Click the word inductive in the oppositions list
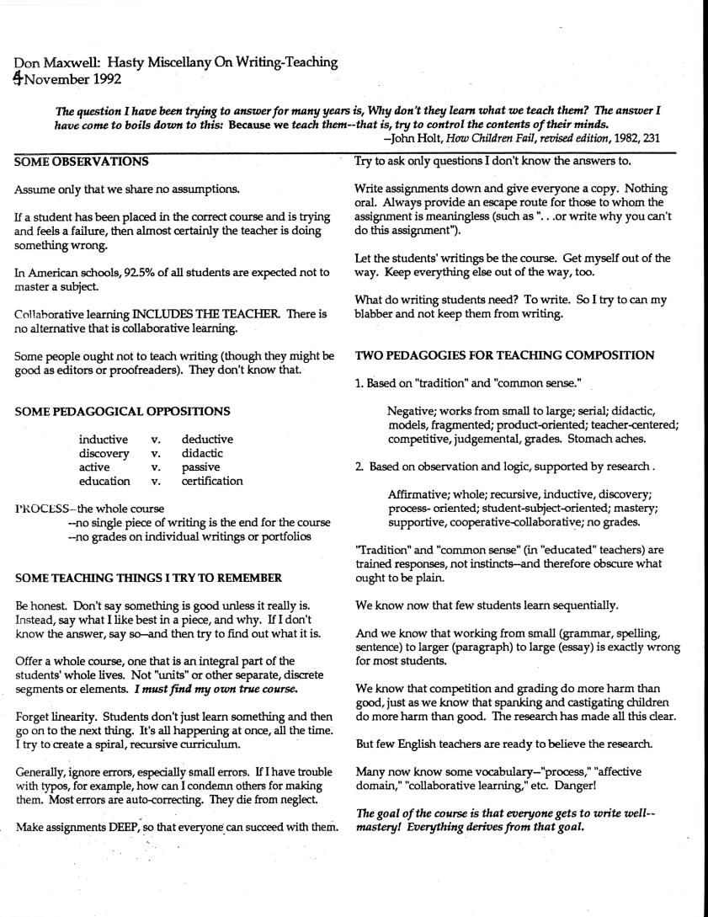pos(104,439)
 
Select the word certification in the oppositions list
pos(212,481)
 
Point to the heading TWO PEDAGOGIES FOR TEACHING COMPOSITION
pos(505,355)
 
